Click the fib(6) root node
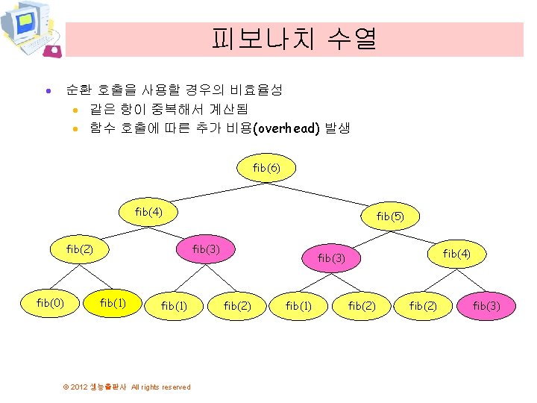[x=266, y=168]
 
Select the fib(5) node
[x=389, y=216]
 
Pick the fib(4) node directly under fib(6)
[x=148, y=212]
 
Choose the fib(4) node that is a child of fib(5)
[x=456, y=254]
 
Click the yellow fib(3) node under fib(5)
[x=330, y=258]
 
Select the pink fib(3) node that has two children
[x=205, y=249]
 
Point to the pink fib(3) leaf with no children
[x=486, y=306]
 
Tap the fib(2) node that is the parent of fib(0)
[x=80, y=249]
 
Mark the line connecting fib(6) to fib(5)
[x=328, y=192]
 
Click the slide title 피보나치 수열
[x=294, y=38]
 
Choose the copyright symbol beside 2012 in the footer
[x=66, y=387]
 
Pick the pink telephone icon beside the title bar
[x=52, y=51]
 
